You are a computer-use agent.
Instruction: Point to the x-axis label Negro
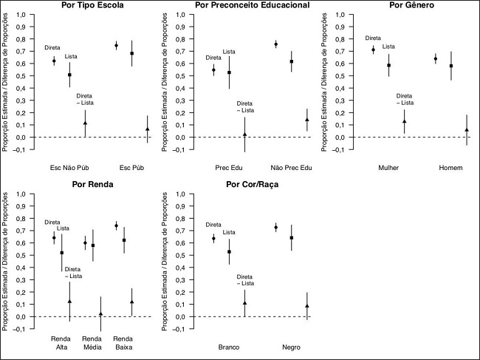tap(292, 347)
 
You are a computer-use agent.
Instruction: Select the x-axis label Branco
tap(230, 347)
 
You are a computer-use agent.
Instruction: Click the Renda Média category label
tap(92, 343)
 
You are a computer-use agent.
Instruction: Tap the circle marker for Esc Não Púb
tap(54, 61)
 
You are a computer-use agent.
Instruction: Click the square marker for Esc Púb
tap(132, 53)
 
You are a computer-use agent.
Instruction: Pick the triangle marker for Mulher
tap(404, 120)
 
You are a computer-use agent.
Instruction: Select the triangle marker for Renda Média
tap(101, 314)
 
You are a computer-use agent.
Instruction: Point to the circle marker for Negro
tap(276, 228)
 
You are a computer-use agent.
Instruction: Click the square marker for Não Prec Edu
tap(292, 61)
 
